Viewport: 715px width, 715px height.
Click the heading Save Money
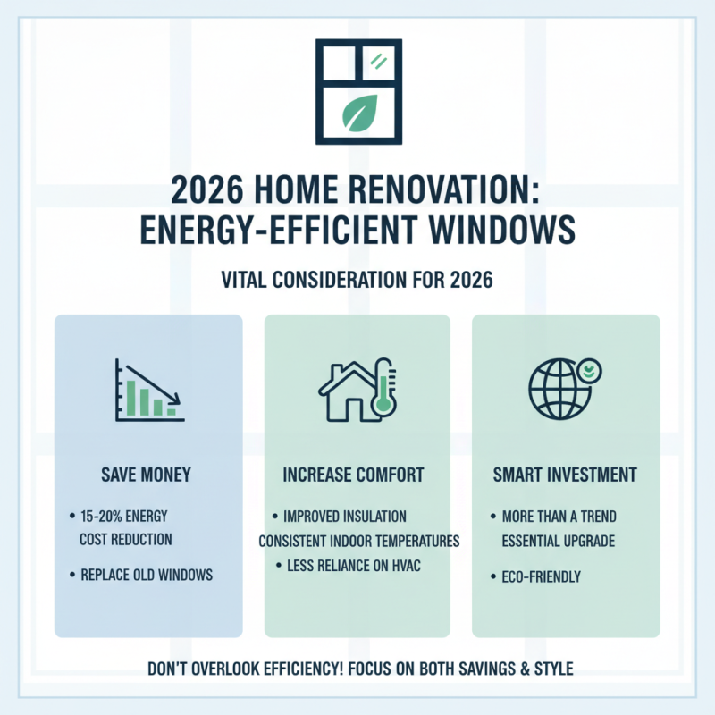[148, 475]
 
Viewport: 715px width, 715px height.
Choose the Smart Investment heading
[566, 475]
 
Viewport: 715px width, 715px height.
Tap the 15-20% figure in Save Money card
[103, 517]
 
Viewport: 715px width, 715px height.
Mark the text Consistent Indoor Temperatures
[358, 541]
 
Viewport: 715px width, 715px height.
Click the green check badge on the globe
[588, 369]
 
